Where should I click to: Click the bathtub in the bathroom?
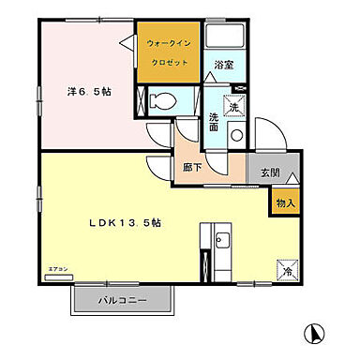pyautogui.click(x=225, y=38)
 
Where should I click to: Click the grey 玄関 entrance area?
pyautogui.click(x=270, y=172)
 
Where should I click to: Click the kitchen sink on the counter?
pyautogui.click(x=221, y=246)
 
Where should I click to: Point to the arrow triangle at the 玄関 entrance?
pyautogui.click(x=293, y=177)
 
